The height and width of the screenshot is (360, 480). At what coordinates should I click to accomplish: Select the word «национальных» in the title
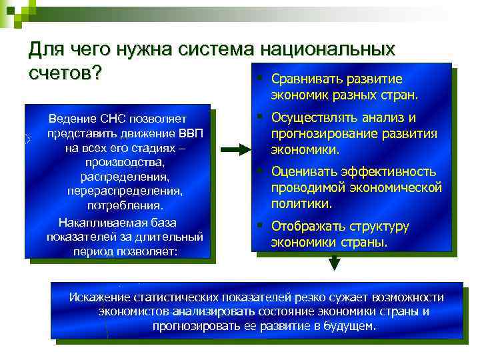(x=329, y=51)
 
